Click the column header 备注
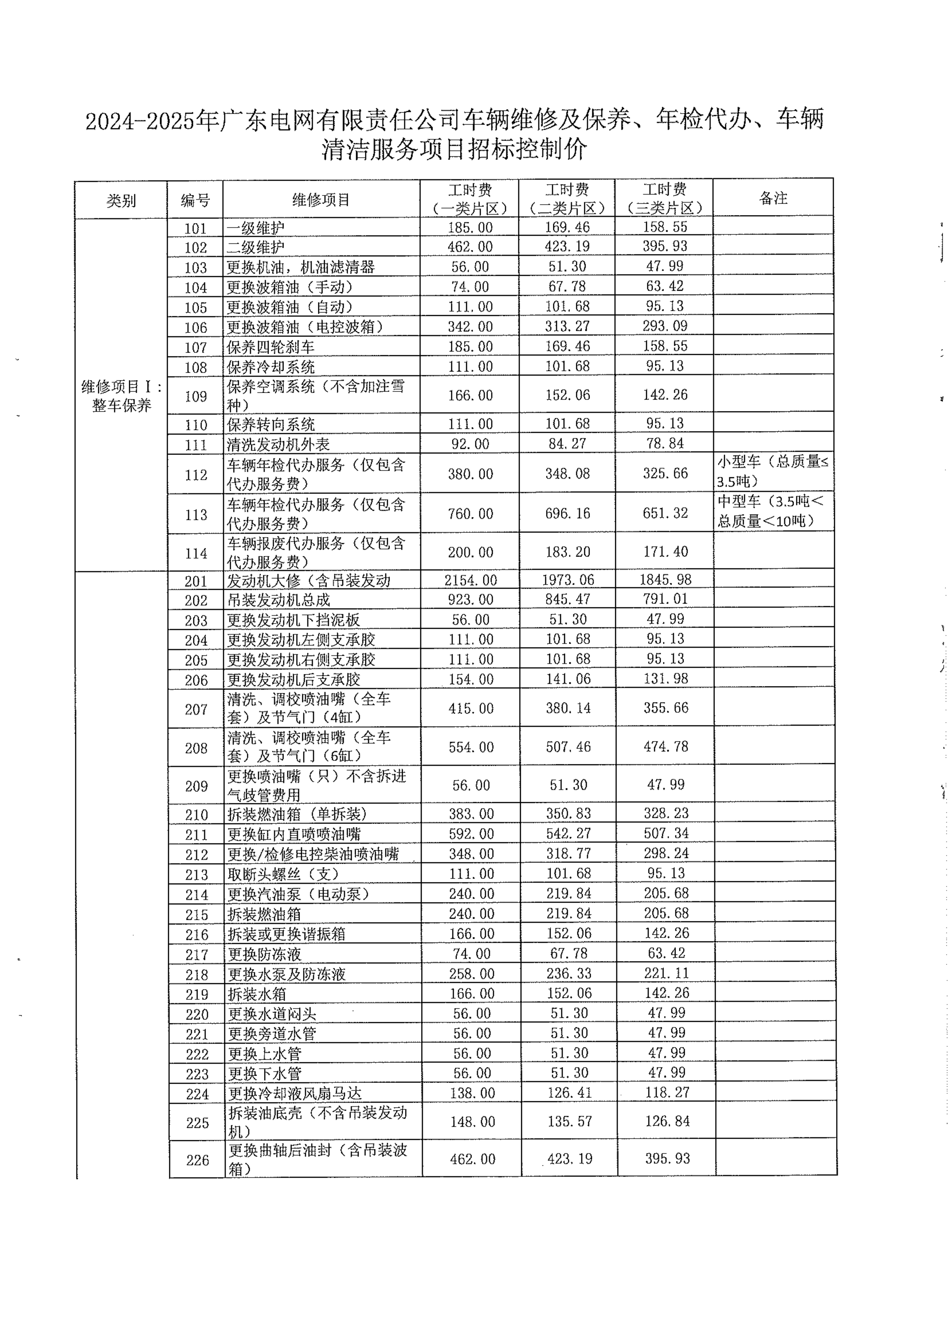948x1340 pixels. (773, 198)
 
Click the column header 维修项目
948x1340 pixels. (321, 200)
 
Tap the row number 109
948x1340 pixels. (196, 396)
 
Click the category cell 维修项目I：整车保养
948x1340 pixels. (122, 396)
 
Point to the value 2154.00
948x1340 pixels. (470, 580)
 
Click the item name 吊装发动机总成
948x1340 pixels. (279, 600)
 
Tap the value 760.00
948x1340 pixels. (470, 514)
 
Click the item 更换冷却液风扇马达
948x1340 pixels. (295, 1093)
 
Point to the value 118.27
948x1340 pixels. (667, 1092)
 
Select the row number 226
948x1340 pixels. (197, 1160)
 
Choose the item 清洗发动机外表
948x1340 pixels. (279, 445)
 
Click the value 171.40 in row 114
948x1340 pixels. (666, 552)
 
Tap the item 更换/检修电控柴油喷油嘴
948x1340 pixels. (313, 854)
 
